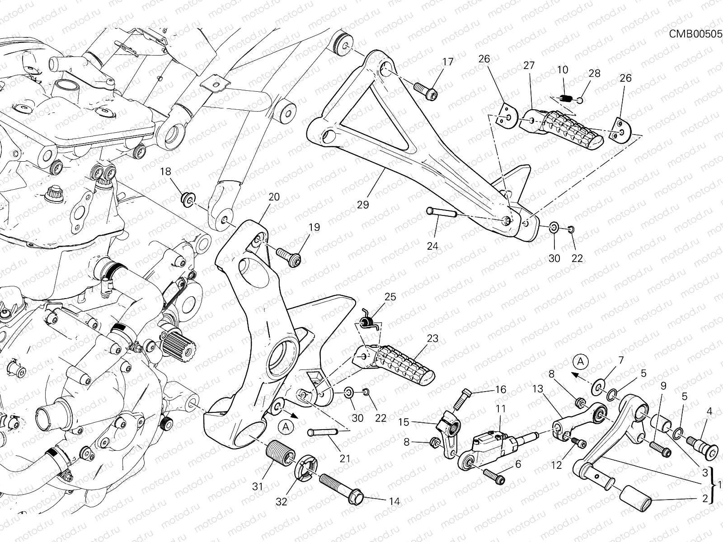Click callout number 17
click(x=447, y=62)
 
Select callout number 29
click(x=362, y=205)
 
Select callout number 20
click(x=274, y=197)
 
